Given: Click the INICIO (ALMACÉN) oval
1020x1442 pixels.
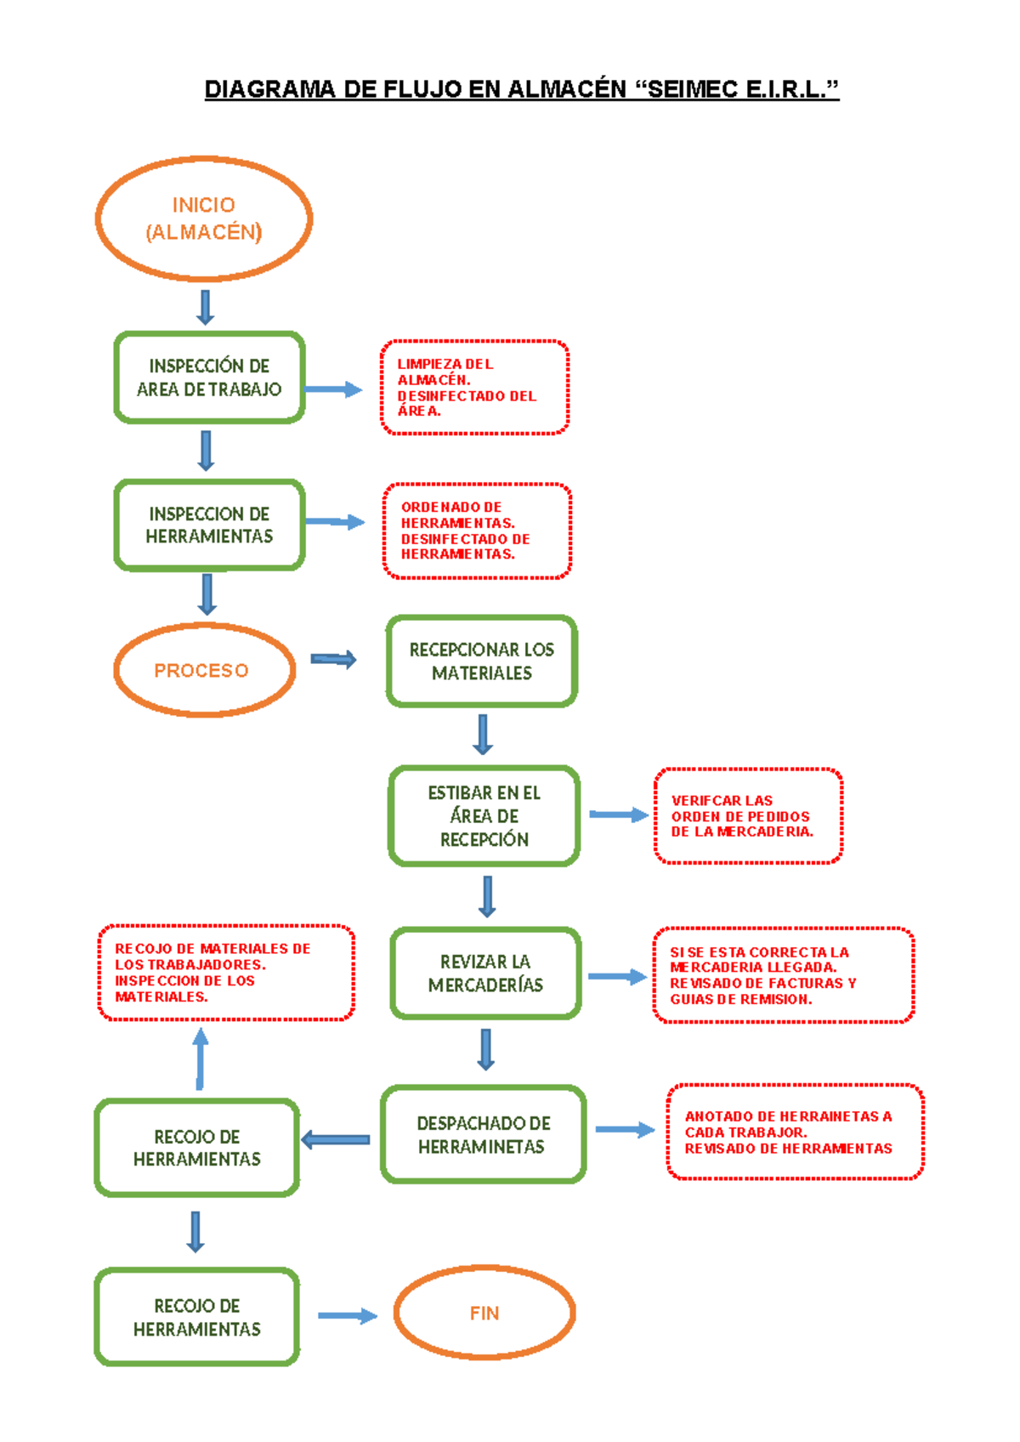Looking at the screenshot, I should pos(204,219).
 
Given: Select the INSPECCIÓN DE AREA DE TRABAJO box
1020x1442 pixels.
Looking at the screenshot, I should pos(209,378).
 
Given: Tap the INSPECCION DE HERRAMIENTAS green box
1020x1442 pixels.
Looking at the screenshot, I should pos(209,525).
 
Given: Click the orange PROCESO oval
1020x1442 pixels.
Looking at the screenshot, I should pos(204,670).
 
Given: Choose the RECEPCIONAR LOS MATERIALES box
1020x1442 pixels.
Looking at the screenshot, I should pos(482,661).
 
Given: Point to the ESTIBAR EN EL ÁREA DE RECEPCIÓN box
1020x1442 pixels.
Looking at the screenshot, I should pos(484,816).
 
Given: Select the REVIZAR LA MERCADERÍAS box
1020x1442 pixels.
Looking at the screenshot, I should pos(485,973).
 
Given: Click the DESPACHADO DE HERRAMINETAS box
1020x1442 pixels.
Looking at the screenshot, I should pos(484,1134).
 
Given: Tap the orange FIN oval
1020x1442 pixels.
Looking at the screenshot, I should pos(484,1313).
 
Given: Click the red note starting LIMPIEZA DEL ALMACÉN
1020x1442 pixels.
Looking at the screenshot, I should pos(474,388).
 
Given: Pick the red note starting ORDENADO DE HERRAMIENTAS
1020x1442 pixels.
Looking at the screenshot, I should pos(477,531).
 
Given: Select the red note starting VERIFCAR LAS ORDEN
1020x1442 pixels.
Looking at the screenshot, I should pos(748,816).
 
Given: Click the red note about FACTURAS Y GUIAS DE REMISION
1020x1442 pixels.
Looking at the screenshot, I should pos(783,975).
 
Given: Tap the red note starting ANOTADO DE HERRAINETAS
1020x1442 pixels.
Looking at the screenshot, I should pos(795,1132).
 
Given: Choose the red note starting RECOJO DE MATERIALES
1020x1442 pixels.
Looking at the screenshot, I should pos(226,972).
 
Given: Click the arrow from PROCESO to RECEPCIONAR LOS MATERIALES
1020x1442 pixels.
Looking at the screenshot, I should pos(333,659).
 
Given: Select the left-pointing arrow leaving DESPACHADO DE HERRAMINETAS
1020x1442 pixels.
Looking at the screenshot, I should pos(336,1139).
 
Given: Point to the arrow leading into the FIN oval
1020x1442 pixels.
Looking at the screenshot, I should pos(347,1315).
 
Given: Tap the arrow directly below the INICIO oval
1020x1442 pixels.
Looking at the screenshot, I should pos(205,307).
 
